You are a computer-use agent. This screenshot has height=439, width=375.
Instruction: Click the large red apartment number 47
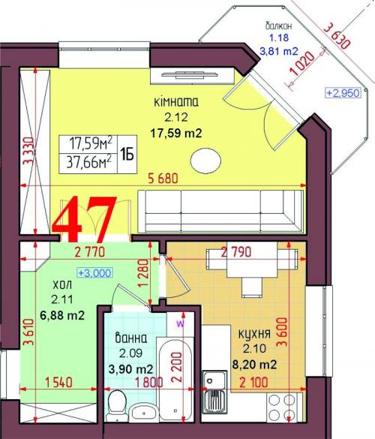point(85,219)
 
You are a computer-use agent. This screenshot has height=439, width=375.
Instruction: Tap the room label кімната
point(176,102)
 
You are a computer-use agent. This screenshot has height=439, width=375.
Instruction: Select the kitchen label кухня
point(254,333)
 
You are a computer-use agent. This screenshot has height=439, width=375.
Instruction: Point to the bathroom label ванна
point(131,338)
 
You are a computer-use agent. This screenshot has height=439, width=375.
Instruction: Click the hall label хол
point(62,286)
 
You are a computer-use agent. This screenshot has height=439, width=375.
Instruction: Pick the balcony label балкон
point(279,26)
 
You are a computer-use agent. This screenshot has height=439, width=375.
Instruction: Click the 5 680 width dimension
point(163,179)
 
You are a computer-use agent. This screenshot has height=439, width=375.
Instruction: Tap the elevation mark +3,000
point(95,272)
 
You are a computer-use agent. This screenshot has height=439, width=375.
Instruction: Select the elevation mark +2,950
point(343,92)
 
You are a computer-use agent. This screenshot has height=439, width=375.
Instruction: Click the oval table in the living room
point(205,161)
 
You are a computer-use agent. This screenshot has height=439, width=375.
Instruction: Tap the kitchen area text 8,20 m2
point(254,364)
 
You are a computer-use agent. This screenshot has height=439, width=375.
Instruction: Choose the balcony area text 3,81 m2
point(279,51)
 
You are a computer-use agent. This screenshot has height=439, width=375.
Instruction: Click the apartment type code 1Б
point(127,155)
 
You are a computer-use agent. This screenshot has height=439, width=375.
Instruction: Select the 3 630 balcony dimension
point(337,36)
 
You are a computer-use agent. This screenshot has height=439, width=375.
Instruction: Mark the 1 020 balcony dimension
point(301,64)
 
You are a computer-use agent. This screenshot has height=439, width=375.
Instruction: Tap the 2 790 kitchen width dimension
point(236,252)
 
